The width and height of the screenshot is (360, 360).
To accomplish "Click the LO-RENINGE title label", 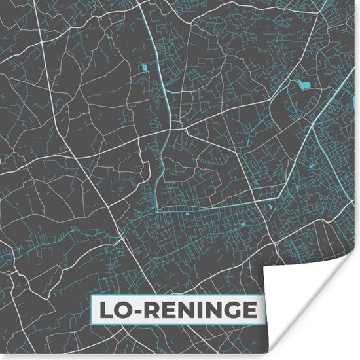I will (177, 310).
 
